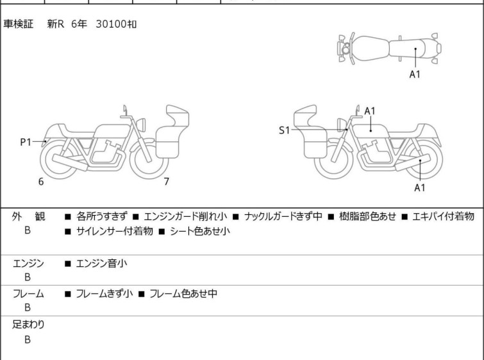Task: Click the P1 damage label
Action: click(26, 142)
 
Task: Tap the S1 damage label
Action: click(284, 130)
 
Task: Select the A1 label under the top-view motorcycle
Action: click(415, 74)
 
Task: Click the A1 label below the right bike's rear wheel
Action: click(419, 187)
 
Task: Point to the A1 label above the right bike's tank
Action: click(370, 111)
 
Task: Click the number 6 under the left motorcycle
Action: click(41, 182)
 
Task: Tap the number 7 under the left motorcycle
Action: click(167, 182)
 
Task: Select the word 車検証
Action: click(18, 24)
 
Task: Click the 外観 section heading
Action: click(28, 217)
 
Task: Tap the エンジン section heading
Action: click(28, 264)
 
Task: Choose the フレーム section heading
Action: click(28, 294)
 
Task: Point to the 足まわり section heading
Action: click(28, 325)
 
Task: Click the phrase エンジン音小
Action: click(101, 264)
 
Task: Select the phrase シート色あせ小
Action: click(200, 231)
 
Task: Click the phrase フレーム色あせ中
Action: click(183, 293)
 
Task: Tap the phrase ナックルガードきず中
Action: click(283, 216)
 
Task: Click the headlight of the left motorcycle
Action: click(141, 124)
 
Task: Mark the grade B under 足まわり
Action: click(28, 339)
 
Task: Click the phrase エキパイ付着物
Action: click(443, 216)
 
